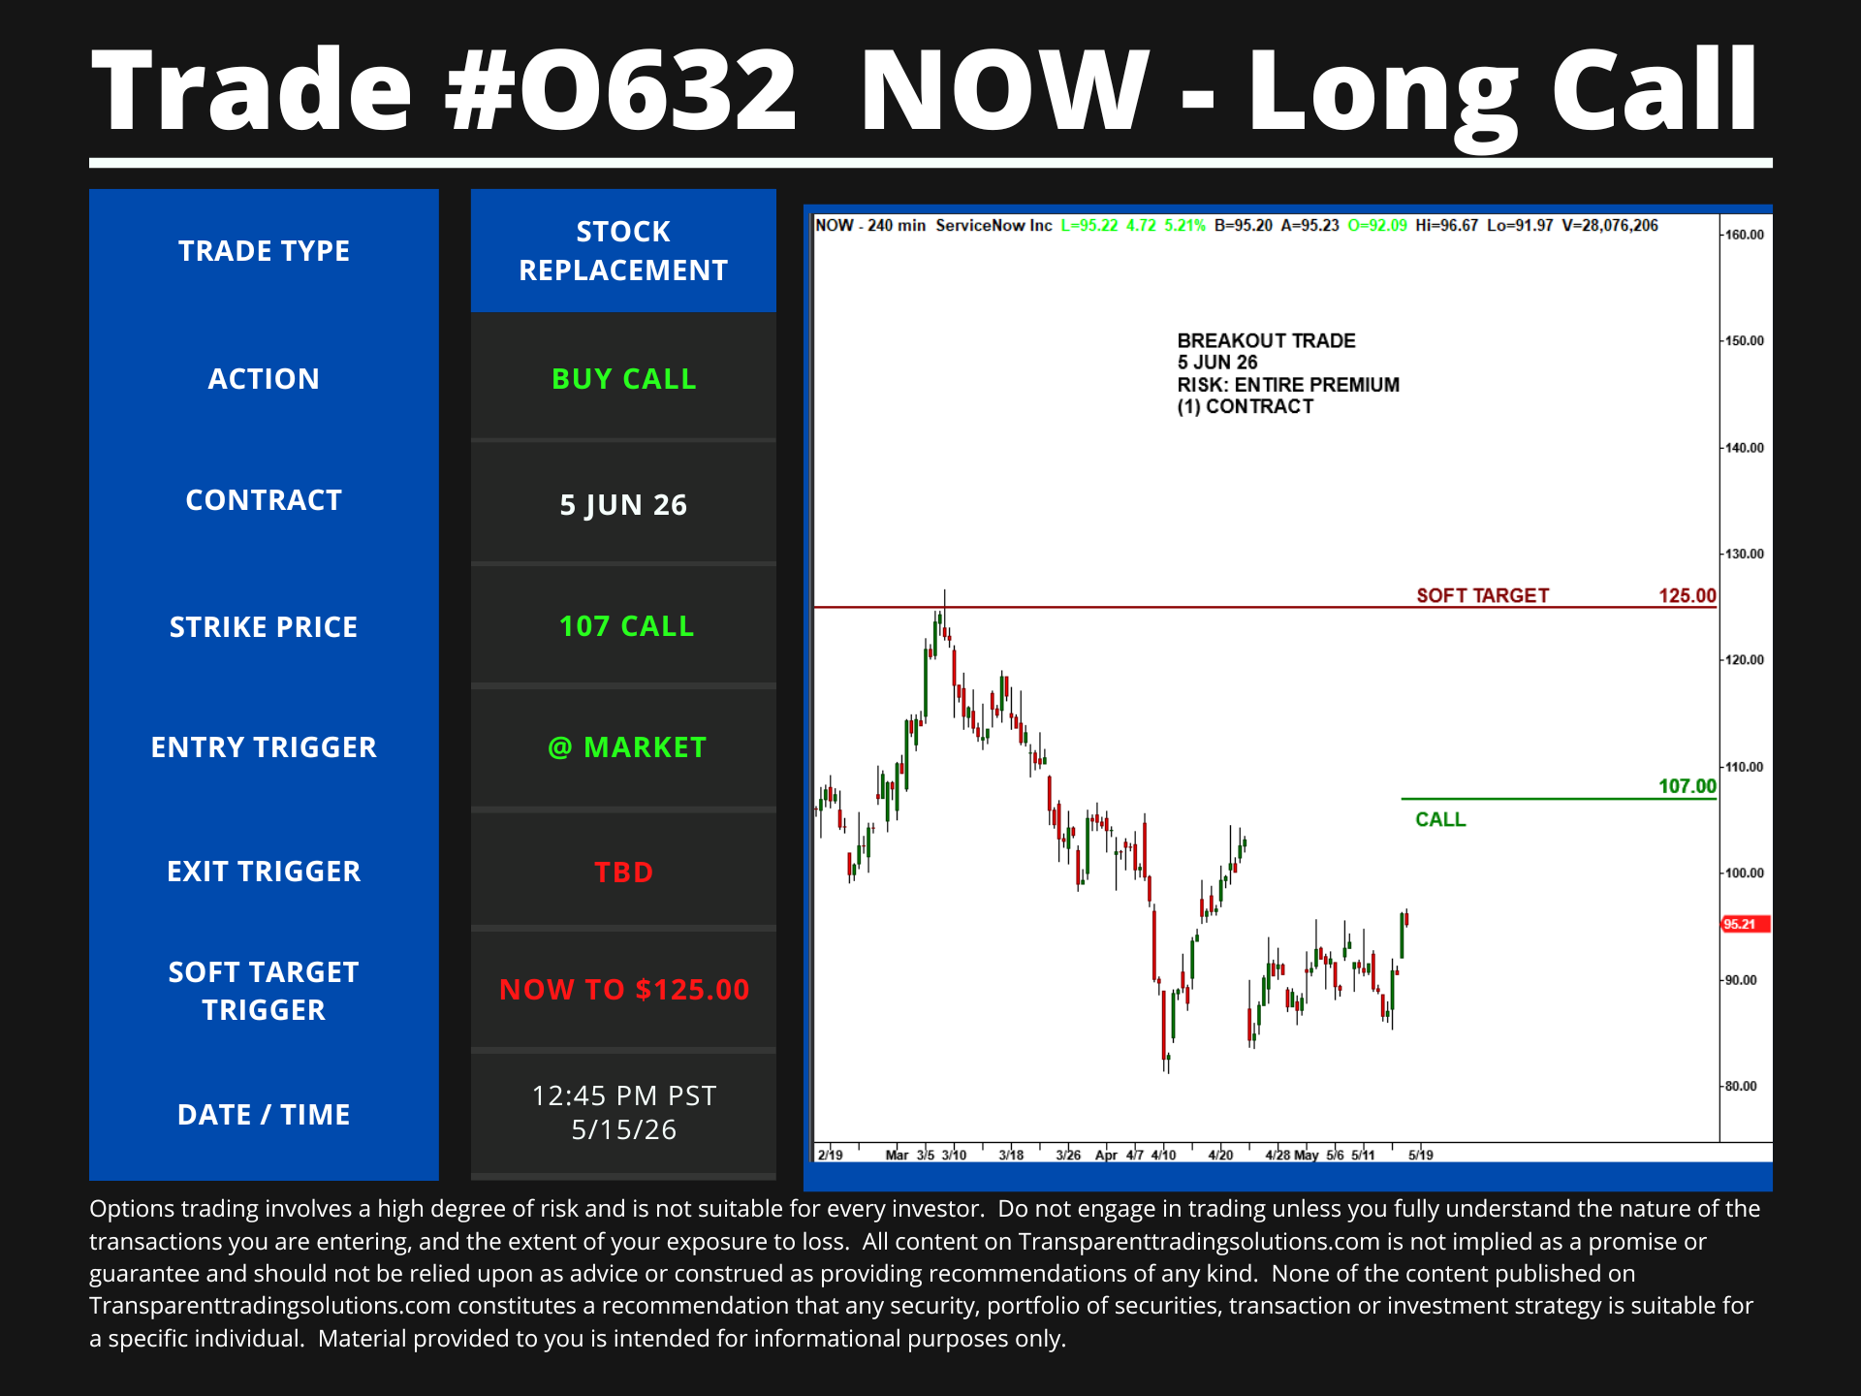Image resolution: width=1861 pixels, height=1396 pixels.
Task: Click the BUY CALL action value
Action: tap(623, 379)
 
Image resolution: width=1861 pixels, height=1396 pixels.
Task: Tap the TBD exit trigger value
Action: tap(623, 872)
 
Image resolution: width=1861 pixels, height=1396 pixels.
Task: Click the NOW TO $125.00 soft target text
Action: tap(624, 990)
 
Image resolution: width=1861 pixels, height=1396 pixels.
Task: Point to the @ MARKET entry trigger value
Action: tap(626, 747)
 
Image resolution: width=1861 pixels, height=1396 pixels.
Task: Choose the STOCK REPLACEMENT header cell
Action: tap(623, 250)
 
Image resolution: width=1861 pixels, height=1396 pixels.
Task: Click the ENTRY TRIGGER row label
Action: tap(264, 747)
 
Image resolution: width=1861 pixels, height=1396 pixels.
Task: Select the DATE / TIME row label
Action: tap(264, 1115)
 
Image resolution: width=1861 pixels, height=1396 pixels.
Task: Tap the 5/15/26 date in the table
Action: tap(623, 1130)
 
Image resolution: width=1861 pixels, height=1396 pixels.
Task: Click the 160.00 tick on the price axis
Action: tap(1745, 235)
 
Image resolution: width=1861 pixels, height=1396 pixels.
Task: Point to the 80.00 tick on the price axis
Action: tap(1741, 1086)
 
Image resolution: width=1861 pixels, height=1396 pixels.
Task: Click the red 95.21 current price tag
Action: tap(1745, 924)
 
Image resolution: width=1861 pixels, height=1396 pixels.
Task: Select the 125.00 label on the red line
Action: tap(1688, 595)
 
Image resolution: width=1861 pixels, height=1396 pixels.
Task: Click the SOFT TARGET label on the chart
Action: tap(1483, 595)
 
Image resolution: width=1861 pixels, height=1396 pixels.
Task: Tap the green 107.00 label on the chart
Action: tap(1688, 786)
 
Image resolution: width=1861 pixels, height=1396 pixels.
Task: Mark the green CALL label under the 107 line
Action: tap(1440, 819)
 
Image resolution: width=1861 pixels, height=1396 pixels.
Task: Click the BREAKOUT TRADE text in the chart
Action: tap(1266, 340)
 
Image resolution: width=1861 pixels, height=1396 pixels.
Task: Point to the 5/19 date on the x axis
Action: tap(1421, 1155)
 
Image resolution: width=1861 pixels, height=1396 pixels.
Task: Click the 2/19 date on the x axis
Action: tap(830, 1155)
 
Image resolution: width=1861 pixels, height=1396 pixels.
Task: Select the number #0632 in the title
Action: tap(620, 89)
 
